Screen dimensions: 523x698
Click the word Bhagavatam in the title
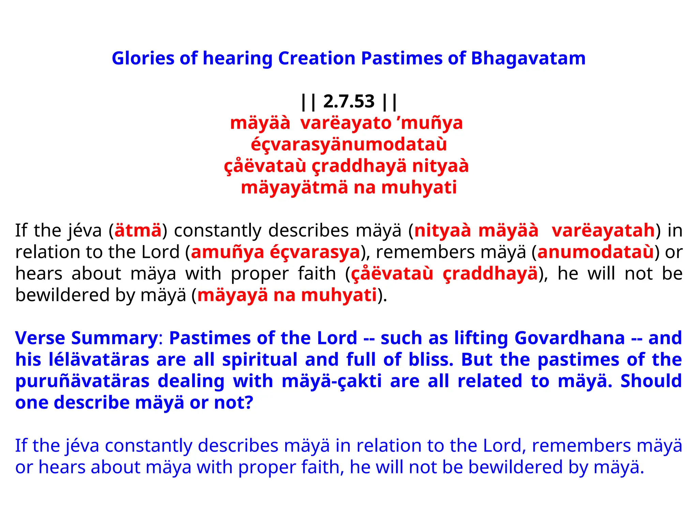[528, 58]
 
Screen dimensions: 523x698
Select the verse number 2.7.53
[349, 101]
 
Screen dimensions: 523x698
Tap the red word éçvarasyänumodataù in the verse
[349, 144]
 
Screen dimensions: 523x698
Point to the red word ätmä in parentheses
[138, 231]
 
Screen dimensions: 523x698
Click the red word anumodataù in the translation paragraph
[595, 252]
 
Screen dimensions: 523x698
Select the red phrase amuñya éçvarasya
[275, 252]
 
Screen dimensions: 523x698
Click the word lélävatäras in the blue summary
[99, 360]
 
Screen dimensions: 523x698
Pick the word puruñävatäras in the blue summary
[82, 381]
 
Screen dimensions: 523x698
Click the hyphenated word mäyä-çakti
[332, 381]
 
